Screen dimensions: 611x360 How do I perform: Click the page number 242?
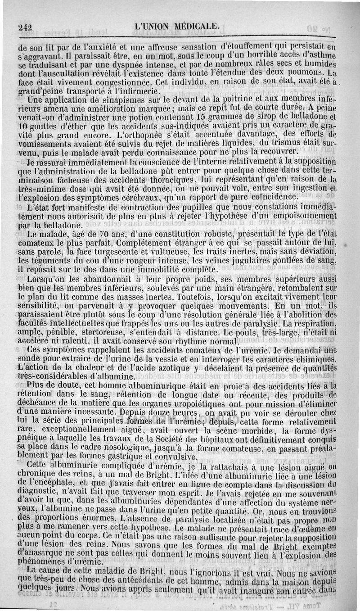[x=28, y=27]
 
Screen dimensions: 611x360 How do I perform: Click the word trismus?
[x=288, y=143]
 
